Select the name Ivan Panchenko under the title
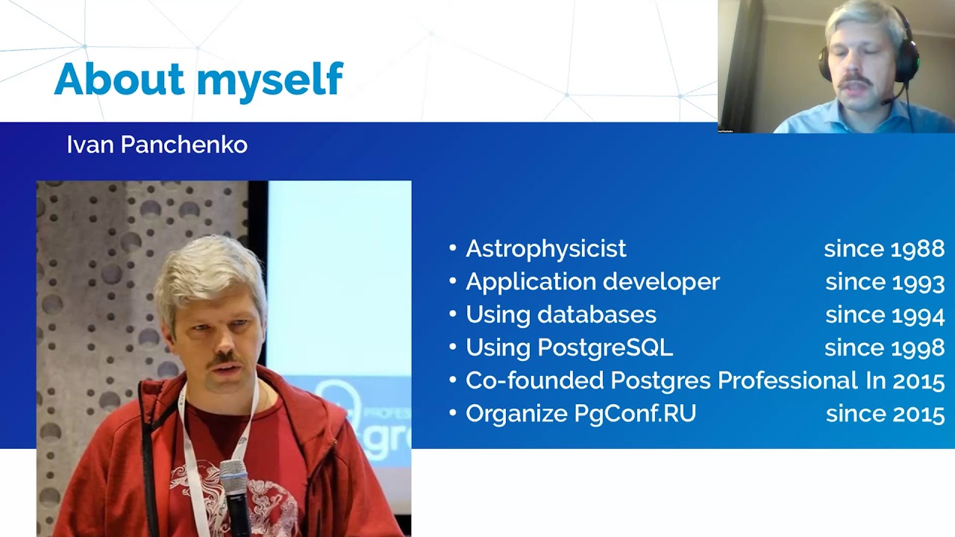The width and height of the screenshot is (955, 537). coord(157,145)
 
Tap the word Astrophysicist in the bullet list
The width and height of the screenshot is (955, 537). coord(545,248)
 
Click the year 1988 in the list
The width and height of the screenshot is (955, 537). coord(916,248)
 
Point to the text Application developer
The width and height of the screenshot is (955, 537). coord(592,281)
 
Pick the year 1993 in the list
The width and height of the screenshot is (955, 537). coord(916,281)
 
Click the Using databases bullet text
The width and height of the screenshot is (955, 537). coord(560,314)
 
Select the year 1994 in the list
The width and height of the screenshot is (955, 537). coord(916,314)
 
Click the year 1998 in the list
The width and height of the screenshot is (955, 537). coord(916,347)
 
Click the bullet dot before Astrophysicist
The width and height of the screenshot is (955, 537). coord(453,248)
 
